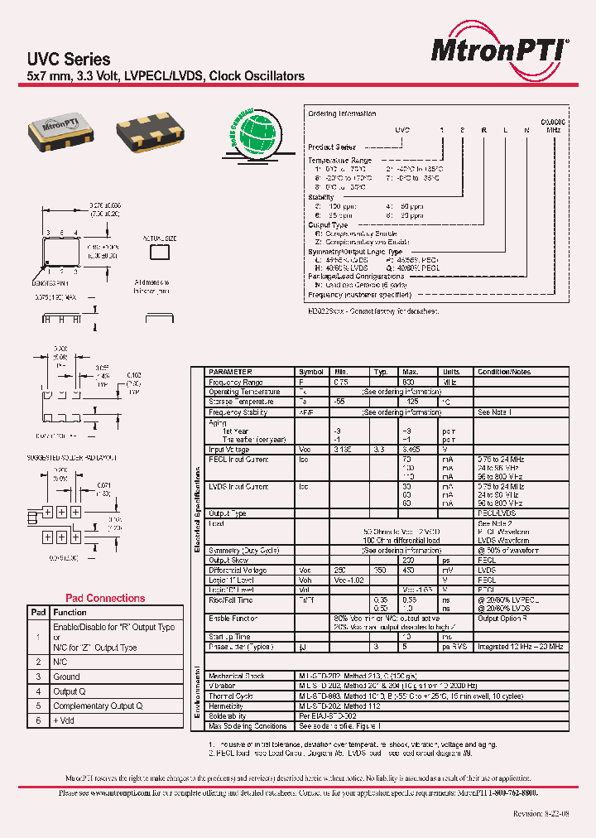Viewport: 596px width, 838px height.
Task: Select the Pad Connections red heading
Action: [x=104, y=598]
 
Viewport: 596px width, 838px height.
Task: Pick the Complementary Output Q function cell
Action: [x=98, y=706]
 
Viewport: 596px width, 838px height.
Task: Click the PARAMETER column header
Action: [x=230, y=373]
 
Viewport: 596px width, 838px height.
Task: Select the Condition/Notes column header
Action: [x=504, y=373]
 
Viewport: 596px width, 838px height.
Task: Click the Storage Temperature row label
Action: [x=238, y=402]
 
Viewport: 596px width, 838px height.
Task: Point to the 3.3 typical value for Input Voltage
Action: [x=380, y=450]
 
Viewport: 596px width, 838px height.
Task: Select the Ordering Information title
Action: [x=342, y=113]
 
